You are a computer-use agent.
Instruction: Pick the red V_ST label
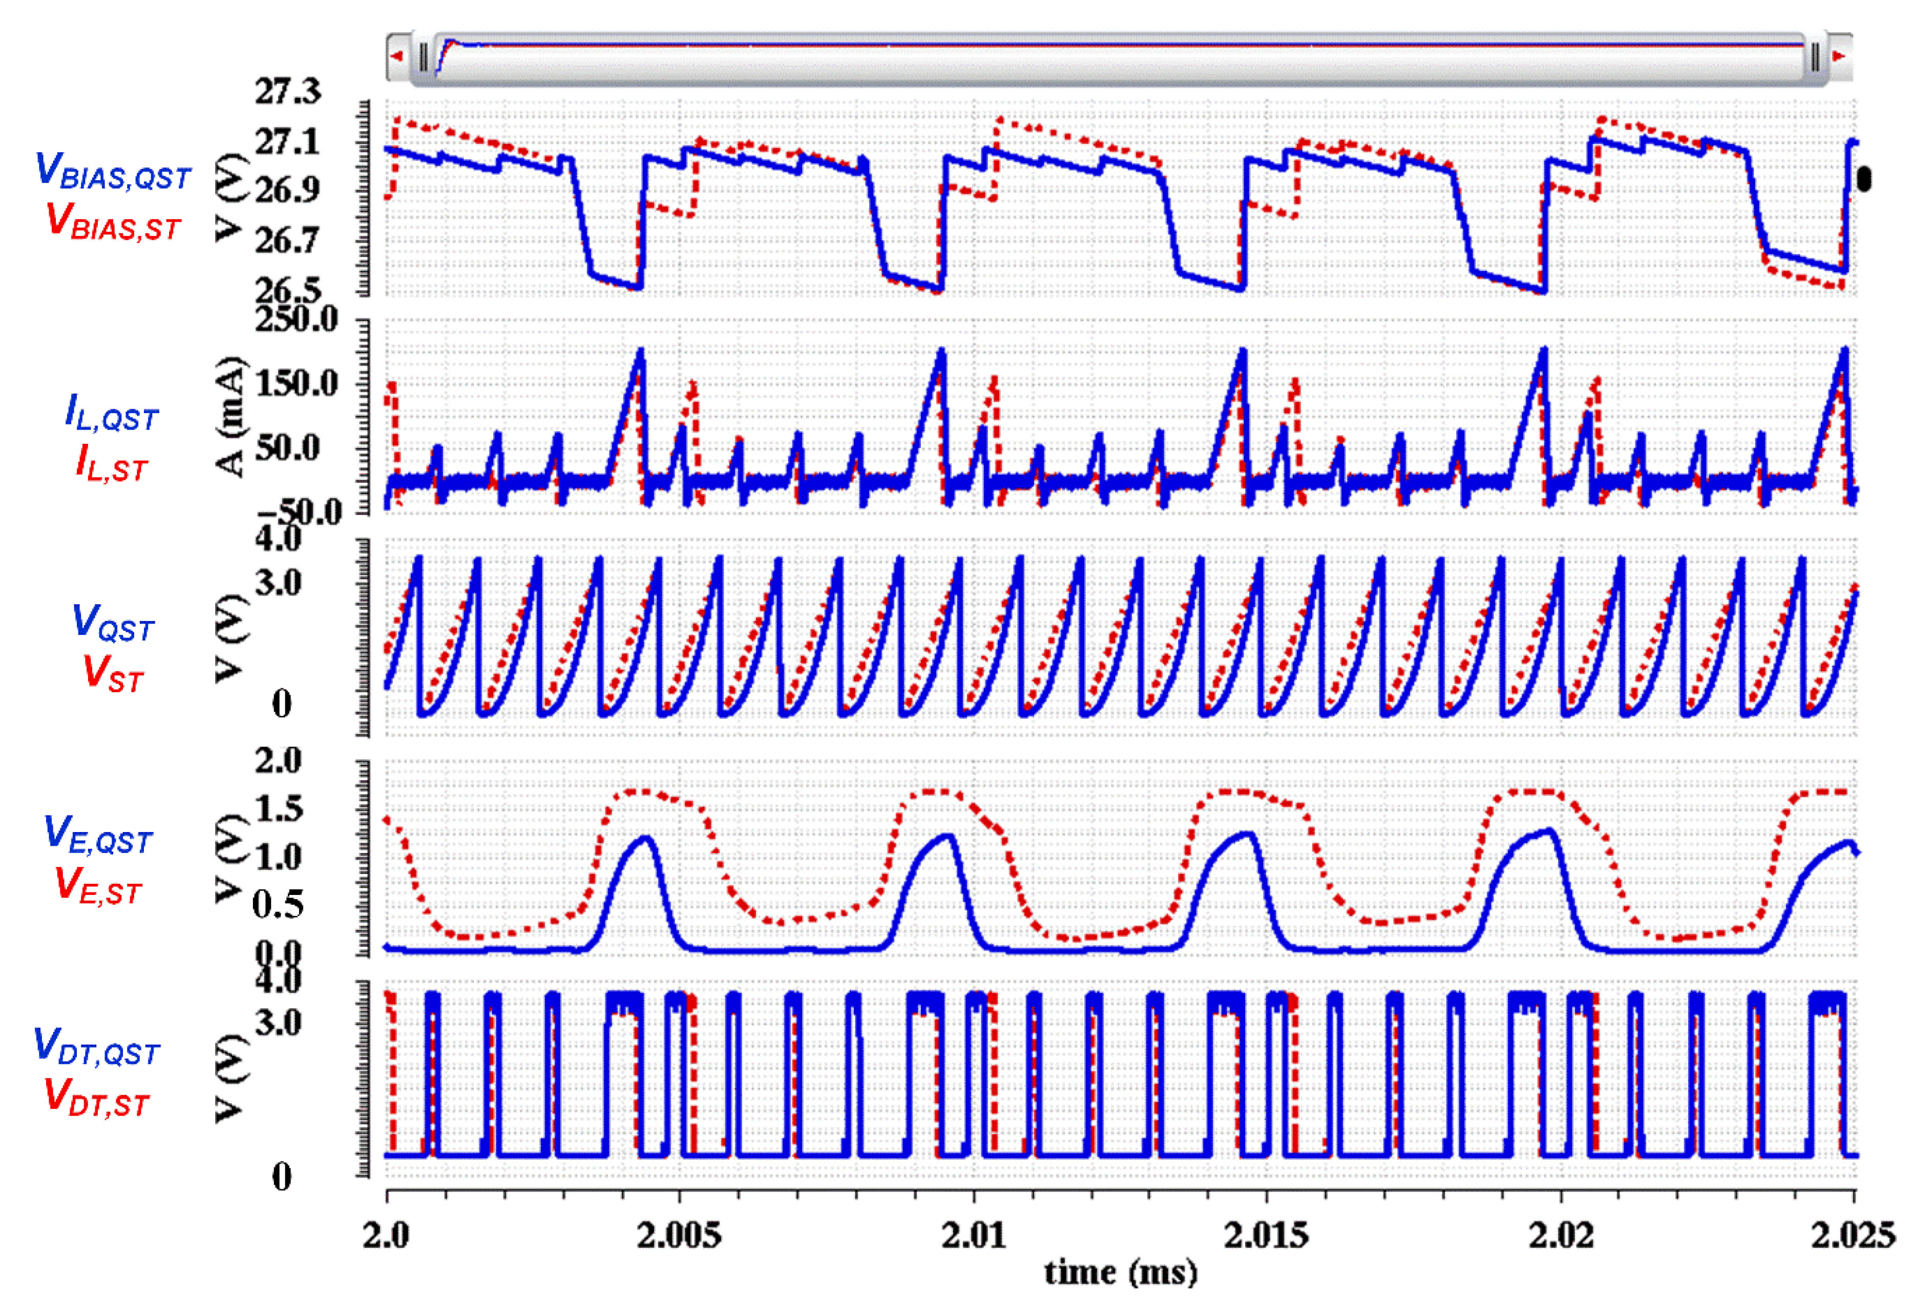pos(113,674)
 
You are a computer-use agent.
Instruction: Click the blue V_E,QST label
pos(98,835)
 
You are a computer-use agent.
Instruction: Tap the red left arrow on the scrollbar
pos(397,56)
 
